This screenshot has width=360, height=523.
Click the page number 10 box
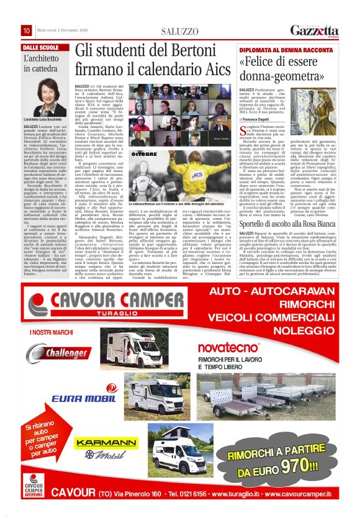point(27,31)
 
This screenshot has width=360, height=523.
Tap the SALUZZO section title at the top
point(179,32)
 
